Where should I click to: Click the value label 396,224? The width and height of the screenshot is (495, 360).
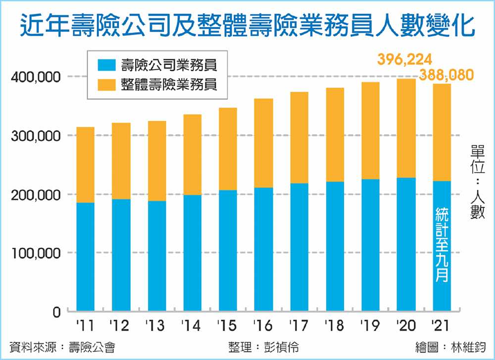(405, 60)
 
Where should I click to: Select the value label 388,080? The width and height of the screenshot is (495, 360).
(446, 75)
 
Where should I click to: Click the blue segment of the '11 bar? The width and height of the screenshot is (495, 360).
(85, 257)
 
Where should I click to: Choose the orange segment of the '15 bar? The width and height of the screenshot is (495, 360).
(228, 149)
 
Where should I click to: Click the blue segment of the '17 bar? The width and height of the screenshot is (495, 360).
(299, 247)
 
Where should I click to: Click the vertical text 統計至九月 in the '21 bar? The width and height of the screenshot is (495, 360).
(442, 245)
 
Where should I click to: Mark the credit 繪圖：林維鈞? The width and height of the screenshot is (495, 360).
(451, 347)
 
